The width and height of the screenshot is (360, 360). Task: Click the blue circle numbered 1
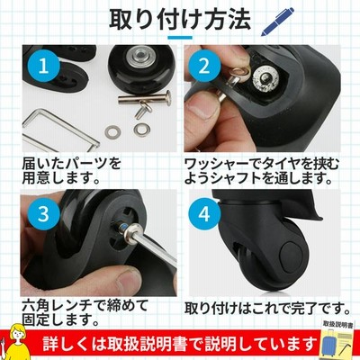click(x=43, y=67)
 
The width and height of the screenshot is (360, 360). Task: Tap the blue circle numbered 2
click(x=204, y=67)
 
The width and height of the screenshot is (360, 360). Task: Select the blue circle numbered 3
click(x=43, y=214)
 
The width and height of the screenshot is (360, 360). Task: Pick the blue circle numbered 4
click(x=204, y=214)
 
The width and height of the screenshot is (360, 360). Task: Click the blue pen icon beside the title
click(x=277, y=22)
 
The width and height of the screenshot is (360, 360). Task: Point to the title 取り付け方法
click(x=180, y=20)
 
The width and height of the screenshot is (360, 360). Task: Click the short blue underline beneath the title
click(x=180, y=38)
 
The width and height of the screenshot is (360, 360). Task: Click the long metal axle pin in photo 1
click(x=145, y=98)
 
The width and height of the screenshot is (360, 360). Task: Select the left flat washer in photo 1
click(x=112, y=130)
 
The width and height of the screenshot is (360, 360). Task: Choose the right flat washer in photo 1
click(x=142, y=130)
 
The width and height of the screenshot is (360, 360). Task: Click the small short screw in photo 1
click(x=143, y=110)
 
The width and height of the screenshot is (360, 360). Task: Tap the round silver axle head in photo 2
click(x=265, y=76)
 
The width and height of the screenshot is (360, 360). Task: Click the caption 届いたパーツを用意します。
click(x=71, y=171)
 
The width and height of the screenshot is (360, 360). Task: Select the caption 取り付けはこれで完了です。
click(x=267, y=308)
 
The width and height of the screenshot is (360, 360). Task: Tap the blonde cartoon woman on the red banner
click(x=13, y=342)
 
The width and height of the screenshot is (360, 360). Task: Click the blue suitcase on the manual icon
click(x=331, y=345)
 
